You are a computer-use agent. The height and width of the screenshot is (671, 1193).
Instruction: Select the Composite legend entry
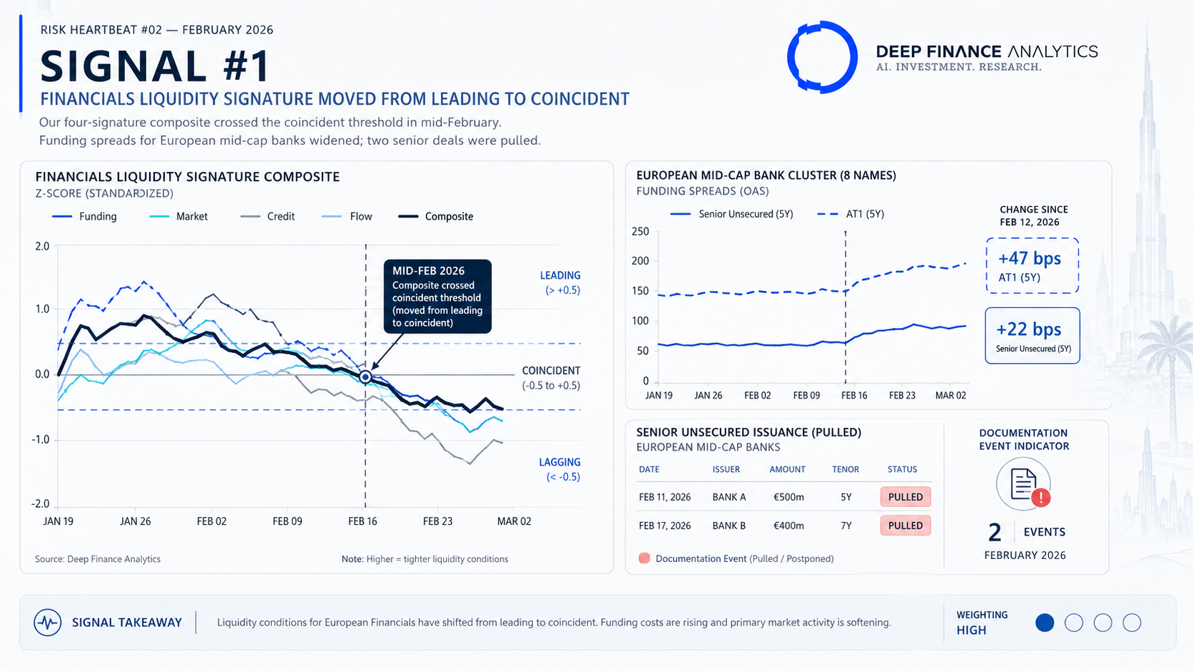coord(436,217)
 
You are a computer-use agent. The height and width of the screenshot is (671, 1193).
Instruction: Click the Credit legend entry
coord(268,217)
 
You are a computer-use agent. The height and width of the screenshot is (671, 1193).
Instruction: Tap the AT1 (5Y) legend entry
coord(851,214)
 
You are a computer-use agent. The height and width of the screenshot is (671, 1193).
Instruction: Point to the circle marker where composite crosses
coord(365,377)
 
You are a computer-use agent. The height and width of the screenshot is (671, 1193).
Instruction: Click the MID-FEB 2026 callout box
coord(437,297)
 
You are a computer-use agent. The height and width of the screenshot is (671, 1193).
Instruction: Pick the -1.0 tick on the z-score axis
coord(41,439)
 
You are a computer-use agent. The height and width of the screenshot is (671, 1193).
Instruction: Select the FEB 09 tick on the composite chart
coord(288,521)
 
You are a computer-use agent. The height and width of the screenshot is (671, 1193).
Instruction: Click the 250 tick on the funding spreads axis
coord(640,232)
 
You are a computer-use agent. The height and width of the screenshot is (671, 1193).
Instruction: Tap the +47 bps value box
coord(1032,265)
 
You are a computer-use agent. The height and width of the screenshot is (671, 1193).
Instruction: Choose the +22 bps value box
coord(1032,336)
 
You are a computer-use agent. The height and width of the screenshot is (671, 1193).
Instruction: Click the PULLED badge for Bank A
coord(905,497)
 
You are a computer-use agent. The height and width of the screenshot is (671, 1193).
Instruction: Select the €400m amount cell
coord(788,526)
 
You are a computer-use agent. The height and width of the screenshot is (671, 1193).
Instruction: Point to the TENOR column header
coord(846,469)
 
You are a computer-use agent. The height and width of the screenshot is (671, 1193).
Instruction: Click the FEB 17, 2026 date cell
coord(665,526)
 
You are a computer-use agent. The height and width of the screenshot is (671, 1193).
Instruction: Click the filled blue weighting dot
coord(1045,623)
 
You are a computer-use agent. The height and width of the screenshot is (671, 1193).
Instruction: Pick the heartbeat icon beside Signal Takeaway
coord(47,623)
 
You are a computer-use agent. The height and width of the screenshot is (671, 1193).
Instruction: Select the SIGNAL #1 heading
coord(155,66)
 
